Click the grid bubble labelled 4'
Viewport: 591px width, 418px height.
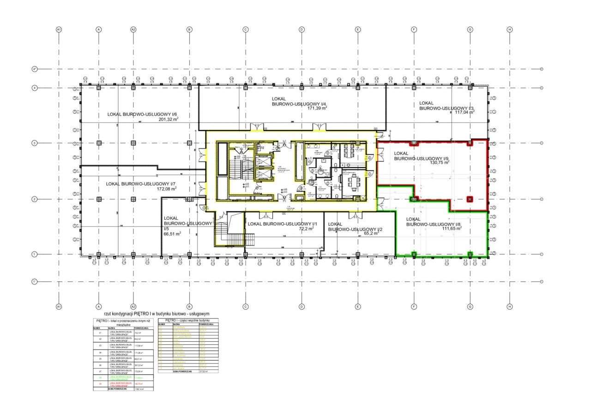pos(34,69)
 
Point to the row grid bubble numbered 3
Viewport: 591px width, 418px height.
pos(34,143)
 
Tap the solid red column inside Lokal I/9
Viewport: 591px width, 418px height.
pos(470,199)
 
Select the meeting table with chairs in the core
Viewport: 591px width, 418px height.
pos(353,181)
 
